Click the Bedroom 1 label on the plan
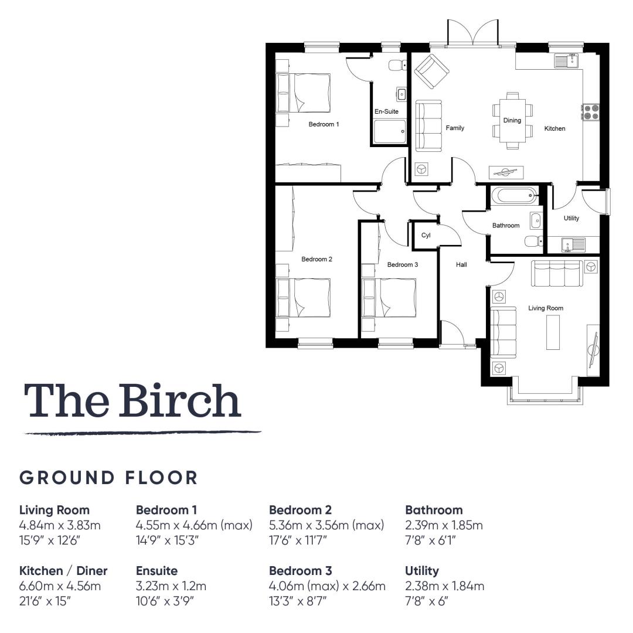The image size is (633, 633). pyautogui.click(x=324, y=124)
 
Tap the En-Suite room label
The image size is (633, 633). pyautogui.click(x=386, y=111)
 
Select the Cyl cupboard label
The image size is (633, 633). pyautogui.click(x=426, y=236)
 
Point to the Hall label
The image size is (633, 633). pyautogui.click(x=461, y=265)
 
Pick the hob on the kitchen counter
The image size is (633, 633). pyautogui.click(x=591, y=112)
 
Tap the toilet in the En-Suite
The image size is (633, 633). pyautogui.click(x=397, y=65)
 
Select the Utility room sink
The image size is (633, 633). pyautogui.click(x=573, y=244)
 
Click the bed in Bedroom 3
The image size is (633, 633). pyautogui.click(x=389, y=298)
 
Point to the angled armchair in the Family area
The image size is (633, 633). pyautogui.click(x=431, y=72)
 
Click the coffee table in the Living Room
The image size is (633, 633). pyautogui.click(x=553, y=332)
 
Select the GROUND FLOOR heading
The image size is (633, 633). pyautogui.click(x=108, y=478)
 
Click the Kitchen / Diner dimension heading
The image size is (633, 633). pyautogui.click(x=63, y=571)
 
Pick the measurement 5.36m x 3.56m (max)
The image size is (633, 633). pyautogui.click(x=326, y=525)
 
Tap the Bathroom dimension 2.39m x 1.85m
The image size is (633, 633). pyautogui.click(x=444, y=525)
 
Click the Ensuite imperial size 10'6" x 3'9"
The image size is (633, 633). pyautogui.click(x=165, y=601)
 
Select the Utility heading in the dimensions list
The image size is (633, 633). pyautogui.click(x=422, y=571)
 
